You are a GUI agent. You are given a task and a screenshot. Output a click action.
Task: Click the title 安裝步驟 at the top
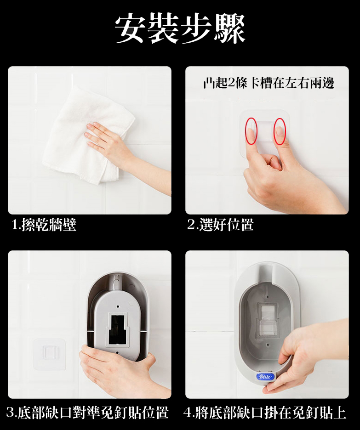pyautogui.click(x=180, y=29)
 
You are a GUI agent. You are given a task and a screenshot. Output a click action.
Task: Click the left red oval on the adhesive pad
pyautogui.click(x=251, y=131)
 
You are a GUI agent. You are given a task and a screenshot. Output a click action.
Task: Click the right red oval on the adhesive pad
pyautogui.click(x=280, y=131)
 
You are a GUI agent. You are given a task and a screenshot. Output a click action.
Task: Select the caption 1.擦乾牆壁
pyautogui.click(x=44, y=225)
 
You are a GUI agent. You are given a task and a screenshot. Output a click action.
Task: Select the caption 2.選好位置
pyautogui.click(x=221, y=225)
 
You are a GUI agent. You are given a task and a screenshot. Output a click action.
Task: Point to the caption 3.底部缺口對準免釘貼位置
pyautogui.click(x=87, y=413)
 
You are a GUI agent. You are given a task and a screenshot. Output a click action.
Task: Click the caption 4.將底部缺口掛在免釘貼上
pyautogui.click(x=265, y=413)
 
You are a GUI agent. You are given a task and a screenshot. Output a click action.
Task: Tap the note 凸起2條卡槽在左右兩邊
pyautogui.click(x=269, y=83)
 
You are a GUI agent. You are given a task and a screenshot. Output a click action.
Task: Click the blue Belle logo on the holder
pyautogui.click(x=265, y=377)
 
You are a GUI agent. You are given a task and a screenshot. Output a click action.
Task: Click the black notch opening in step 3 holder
pyautogui.click(x=117, y=329)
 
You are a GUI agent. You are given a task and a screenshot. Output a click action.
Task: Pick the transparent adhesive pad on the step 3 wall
pyautogui.click(x=49, y=354)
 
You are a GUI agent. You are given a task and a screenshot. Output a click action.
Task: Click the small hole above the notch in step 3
pyautogui.click(x=118, y=306)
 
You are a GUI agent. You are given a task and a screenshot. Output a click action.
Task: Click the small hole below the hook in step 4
pyautogui.click(x=268, y=345)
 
